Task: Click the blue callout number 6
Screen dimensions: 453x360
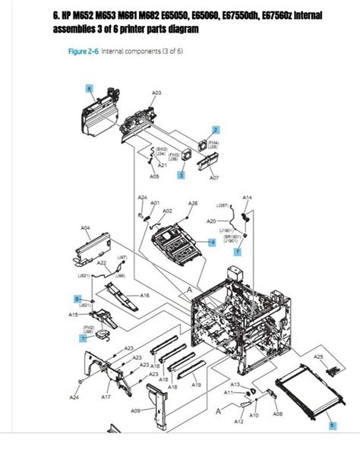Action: tap(90, 89)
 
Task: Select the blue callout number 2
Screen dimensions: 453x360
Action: tap(216, 130)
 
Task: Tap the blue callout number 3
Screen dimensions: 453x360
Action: tap(182, 175)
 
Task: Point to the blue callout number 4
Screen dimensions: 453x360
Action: tap(213, 242)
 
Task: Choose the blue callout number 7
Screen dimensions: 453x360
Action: tap(237, 251)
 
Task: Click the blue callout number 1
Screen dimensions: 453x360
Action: tap(84, 339)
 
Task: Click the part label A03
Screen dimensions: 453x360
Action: tap(156, 93)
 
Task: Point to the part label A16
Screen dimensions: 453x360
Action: tap(144, 295)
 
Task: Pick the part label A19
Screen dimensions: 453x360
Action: tap(196, 385)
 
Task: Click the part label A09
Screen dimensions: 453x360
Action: tap(135, 411)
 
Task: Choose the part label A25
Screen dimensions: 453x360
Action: tap(318, 356)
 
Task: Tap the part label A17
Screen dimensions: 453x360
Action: tap(106, 396)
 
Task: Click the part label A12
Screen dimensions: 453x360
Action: tap(238, 420)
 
